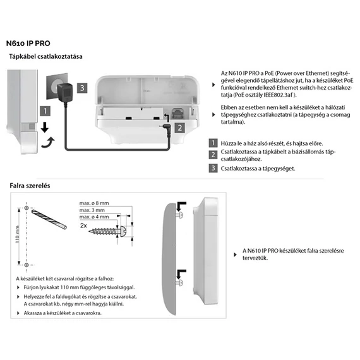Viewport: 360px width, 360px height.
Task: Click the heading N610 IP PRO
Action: click(28, 44)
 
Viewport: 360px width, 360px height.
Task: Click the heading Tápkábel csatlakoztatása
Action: click(45, 56)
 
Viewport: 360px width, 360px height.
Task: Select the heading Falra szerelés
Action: click(30, 186)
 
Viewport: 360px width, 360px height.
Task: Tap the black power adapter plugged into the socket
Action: click(64, 93)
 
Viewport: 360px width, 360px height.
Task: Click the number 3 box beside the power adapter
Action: click(82, 88)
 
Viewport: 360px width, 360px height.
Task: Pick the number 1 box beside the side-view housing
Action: click(45, 111)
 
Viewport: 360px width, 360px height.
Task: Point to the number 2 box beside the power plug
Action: click(180, 128)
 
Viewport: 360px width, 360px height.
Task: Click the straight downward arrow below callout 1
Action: click(45, 127)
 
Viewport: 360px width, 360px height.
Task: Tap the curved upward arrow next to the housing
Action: click(48, 142)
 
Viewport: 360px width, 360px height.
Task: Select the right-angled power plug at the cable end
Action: click(166, 129)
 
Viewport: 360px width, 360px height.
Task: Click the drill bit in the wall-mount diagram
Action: click(49, 219)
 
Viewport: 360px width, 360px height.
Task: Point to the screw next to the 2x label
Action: click(107, 231)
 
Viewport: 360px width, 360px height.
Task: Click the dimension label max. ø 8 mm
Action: click(94, 203)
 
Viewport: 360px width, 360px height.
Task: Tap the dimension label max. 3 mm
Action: click(92, 210)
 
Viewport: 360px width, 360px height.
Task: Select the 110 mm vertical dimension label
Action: click(18, 234)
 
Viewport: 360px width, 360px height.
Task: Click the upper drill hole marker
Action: click(27, 208)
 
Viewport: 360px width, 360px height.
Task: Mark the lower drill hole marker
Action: click(27, 265)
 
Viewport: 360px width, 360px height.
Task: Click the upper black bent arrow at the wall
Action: click(181, 206)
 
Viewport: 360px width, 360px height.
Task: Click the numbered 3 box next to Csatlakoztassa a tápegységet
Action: click(213, 168)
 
